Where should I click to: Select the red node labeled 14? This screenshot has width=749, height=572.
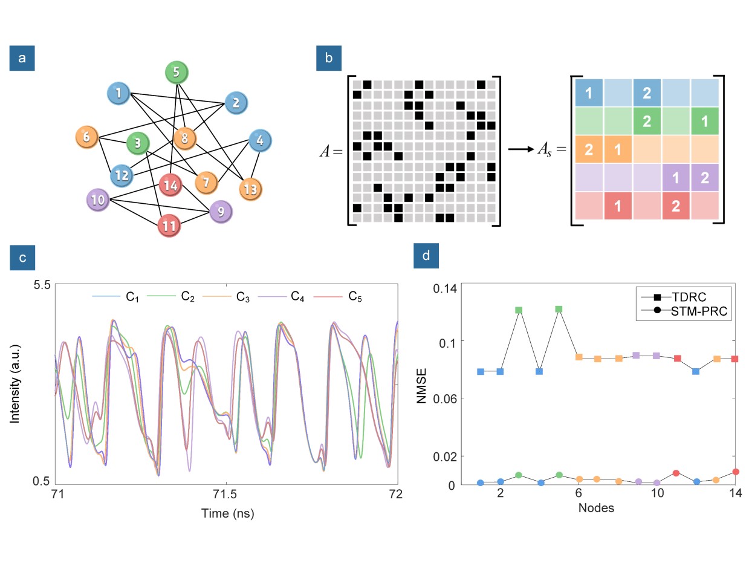coord(171,185)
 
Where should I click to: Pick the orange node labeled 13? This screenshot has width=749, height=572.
coord(250,189)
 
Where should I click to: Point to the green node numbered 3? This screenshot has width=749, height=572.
coord(138,144)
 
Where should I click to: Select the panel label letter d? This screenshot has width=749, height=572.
coord(426,256)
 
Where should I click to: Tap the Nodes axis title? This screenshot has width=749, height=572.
coord(596,508)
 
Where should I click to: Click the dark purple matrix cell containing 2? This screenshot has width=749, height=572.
coord(705,177)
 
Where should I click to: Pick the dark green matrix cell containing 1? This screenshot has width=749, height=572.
coord(705,120)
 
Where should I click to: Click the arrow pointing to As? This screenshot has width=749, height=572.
coord(520,149)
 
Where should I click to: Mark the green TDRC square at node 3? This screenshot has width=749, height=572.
coord(519,310)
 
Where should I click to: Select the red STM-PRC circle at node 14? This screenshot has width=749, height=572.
coord(736,472)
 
